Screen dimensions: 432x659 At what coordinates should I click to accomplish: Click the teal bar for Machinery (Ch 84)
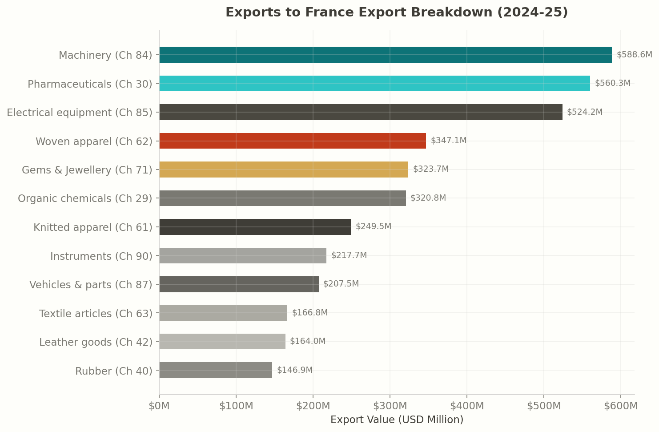(386, 55)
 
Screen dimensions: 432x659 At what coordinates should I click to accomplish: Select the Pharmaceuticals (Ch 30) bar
(374, 84)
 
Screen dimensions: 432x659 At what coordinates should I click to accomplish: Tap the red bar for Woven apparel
(293, 141)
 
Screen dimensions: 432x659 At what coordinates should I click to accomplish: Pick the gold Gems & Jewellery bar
(284, 170)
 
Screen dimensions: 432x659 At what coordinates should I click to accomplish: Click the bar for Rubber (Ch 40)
(216, 370)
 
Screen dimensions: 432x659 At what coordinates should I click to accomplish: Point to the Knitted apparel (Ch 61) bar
(255, 227)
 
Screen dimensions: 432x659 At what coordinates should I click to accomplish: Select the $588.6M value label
(634, 55)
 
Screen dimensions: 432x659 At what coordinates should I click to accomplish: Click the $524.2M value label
(584, 112)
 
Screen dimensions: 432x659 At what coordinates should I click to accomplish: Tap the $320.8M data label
(428, 198)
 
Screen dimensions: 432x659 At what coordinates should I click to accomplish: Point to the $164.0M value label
(308, 341)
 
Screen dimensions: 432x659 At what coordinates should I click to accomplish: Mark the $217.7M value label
(349, 255)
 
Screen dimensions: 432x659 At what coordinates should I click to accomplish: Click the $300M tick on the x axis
(390, 406)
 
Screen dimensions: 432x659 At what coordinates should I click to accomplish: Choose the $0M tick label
(159, 406)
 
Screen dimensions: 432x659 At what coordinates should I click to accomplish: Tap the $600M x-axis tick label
(621, 406)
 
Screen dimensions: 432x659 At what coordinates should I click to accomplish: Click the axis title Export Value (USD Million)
(397, 420)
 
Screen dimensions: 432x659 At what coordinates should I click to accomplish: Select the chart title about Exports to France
(397, 12)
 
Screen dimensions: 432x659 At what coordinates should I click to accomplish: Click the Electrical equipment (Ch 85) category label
(80, 113)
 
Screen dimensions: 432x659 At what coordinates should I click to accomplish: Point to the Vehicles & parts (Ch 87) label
(91, 285)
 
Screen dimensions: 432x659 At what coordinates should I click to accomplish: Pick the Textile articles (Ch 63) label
(96, 314)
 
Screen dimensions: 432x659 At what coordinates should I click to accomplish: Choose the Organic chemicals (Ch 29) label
(85, 198)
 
